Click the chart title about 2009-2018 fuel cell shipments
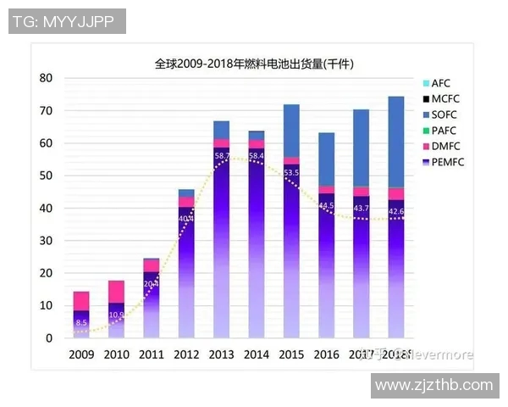click(x=254, y=64)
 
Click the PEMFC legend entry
click(x=447, y=162)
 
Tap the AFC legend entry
click(x=441, y=83)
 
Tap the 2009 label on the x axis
click(x=81, y=354)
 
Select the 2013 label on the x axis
click(x=222, y=354)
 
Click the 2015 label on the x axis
click(x=291, y=354)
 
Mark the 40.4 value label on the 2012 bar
click(x=186, y=218)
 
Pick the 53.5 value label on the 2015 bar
click(x=291, y=173)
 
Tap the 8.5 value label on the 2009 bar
click(x=81, y=322)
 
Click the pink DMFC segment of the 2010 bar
click(x=117, y=291)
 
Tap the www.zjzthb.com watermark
click(x=433, y=385)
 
